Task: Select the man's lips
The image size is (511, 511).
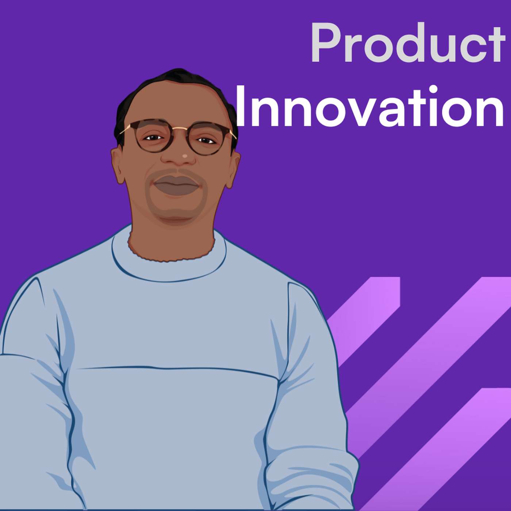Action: (177, 185)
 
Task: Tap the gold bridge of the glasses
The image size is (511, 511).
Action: (179, 128)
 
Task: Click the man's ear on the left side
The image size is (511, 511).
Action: (118, 166)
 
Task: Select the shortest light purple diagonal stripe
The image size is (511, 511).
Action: (365, 314)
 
